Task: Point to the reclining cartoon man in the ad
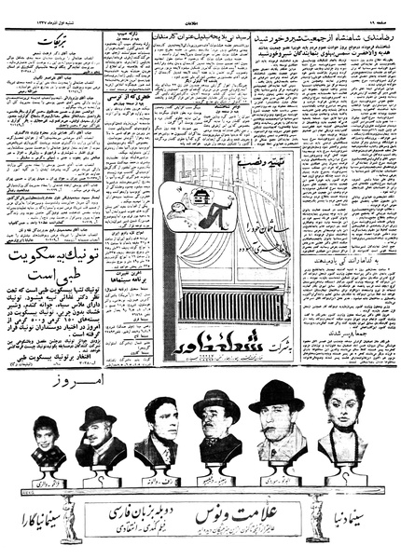pyautogui.click(x=207, y=206)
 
